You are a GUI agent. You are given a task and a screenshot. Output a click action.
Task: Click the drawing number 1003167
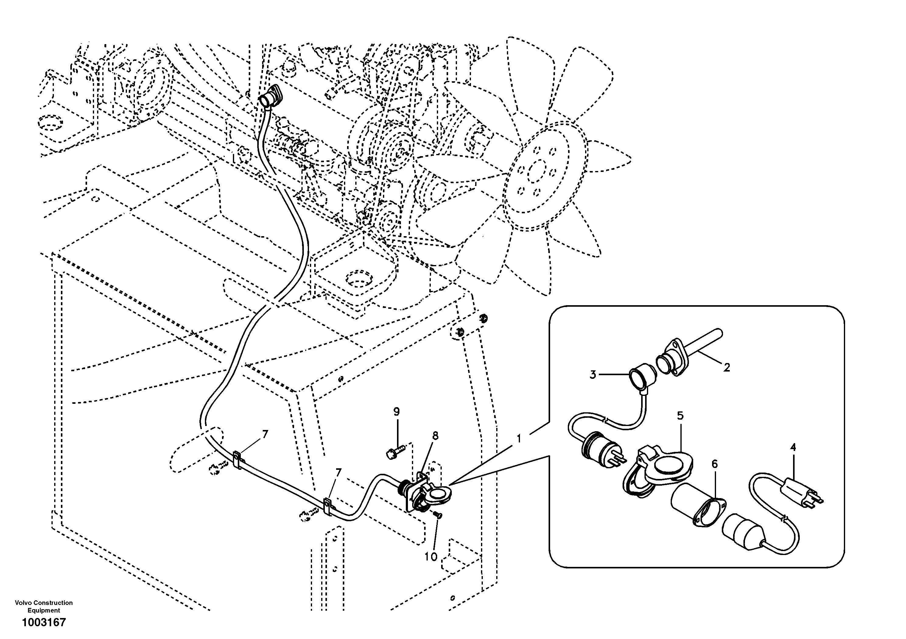[x=44, y=623]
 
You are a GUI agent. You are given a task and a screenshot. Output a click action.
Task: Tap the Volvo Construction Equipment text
[x=44, y=606]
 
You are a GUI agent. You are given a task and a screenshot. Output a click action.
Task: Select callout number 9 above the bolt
[x=397, y=412]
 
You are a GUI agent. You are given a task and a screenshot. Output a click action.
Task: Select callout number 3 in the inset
[x=593, y=375]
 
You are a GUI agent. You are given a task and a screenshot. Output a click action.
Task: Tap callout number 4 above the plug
[x=793, y=447]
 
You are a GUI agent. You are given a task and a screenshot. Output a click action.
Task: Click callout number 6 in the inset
[x=715, y=464]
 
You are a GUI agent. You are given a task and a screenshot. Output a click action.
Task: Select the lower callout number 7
[x=338, y=472]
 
